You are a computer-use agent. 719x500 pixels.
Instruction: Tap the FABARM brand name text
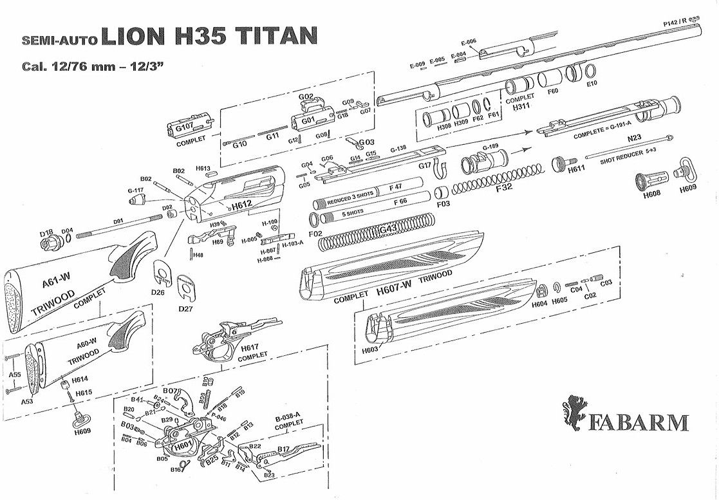coord(637,423)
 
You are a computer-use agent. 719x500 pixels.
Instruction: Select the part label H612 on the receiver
coord(241,205)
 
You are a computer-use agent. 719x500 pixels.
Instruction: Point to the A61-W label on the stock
coord(55,282)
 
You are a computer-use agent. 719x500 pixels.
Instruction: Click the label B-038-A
coord(289,416)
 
